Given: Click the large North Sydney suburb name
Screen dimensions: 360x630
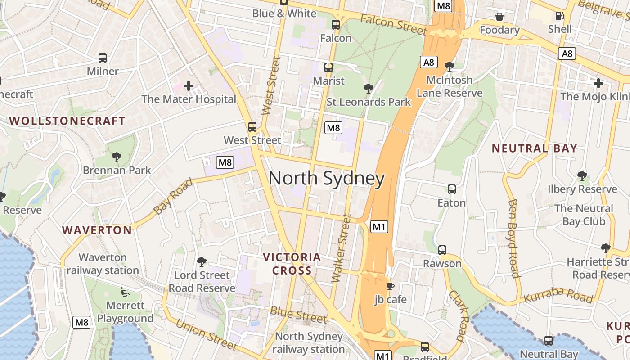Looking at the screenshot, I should [326, 179].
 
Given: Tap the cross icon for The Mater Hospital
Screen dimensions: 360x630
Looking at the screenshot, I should [189, 85].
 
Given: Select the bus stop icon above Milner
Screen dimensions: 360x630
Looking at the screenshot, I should [103, 58].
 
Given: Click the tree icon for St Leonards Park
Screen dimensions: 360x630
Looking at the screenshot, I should [369, 88].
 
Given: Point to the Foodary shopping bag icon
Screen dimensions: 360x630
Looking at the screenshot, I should [499, 17].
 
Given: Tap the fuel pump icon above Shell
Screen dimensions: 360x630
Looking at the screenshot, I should [560, 16].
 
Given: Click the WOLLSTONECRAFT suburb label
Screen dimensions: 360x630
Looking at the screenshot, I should [67, 121].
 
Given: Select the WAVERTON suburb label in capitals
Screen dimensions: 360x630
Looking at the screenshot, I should [97, 230].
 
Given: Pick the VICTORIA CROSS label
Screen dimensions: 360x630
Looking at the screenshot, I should [292, 264].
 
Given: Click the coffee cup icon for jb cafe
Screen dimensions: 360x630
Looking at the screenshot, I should [390, 286].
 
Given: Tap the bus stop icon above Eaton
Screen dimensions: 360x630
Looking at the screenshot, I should [452, 189].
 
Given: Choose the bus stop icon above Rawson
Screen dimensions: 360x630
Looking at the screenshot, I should [442, 250].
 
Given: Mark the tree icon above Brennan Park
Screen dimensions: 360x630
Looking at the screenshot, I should [117, 157].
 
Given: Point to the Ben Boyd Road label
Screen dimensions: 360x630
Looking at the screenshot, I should [513, 238].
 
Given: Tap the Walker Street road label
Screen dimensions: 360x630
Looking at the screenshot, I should [341, 249].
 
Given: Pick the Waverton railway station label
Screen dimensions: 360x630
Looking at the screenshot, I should [103, 264].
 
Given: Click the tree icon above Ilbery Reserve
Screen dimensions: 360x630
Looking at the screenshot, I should [582, 175].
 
